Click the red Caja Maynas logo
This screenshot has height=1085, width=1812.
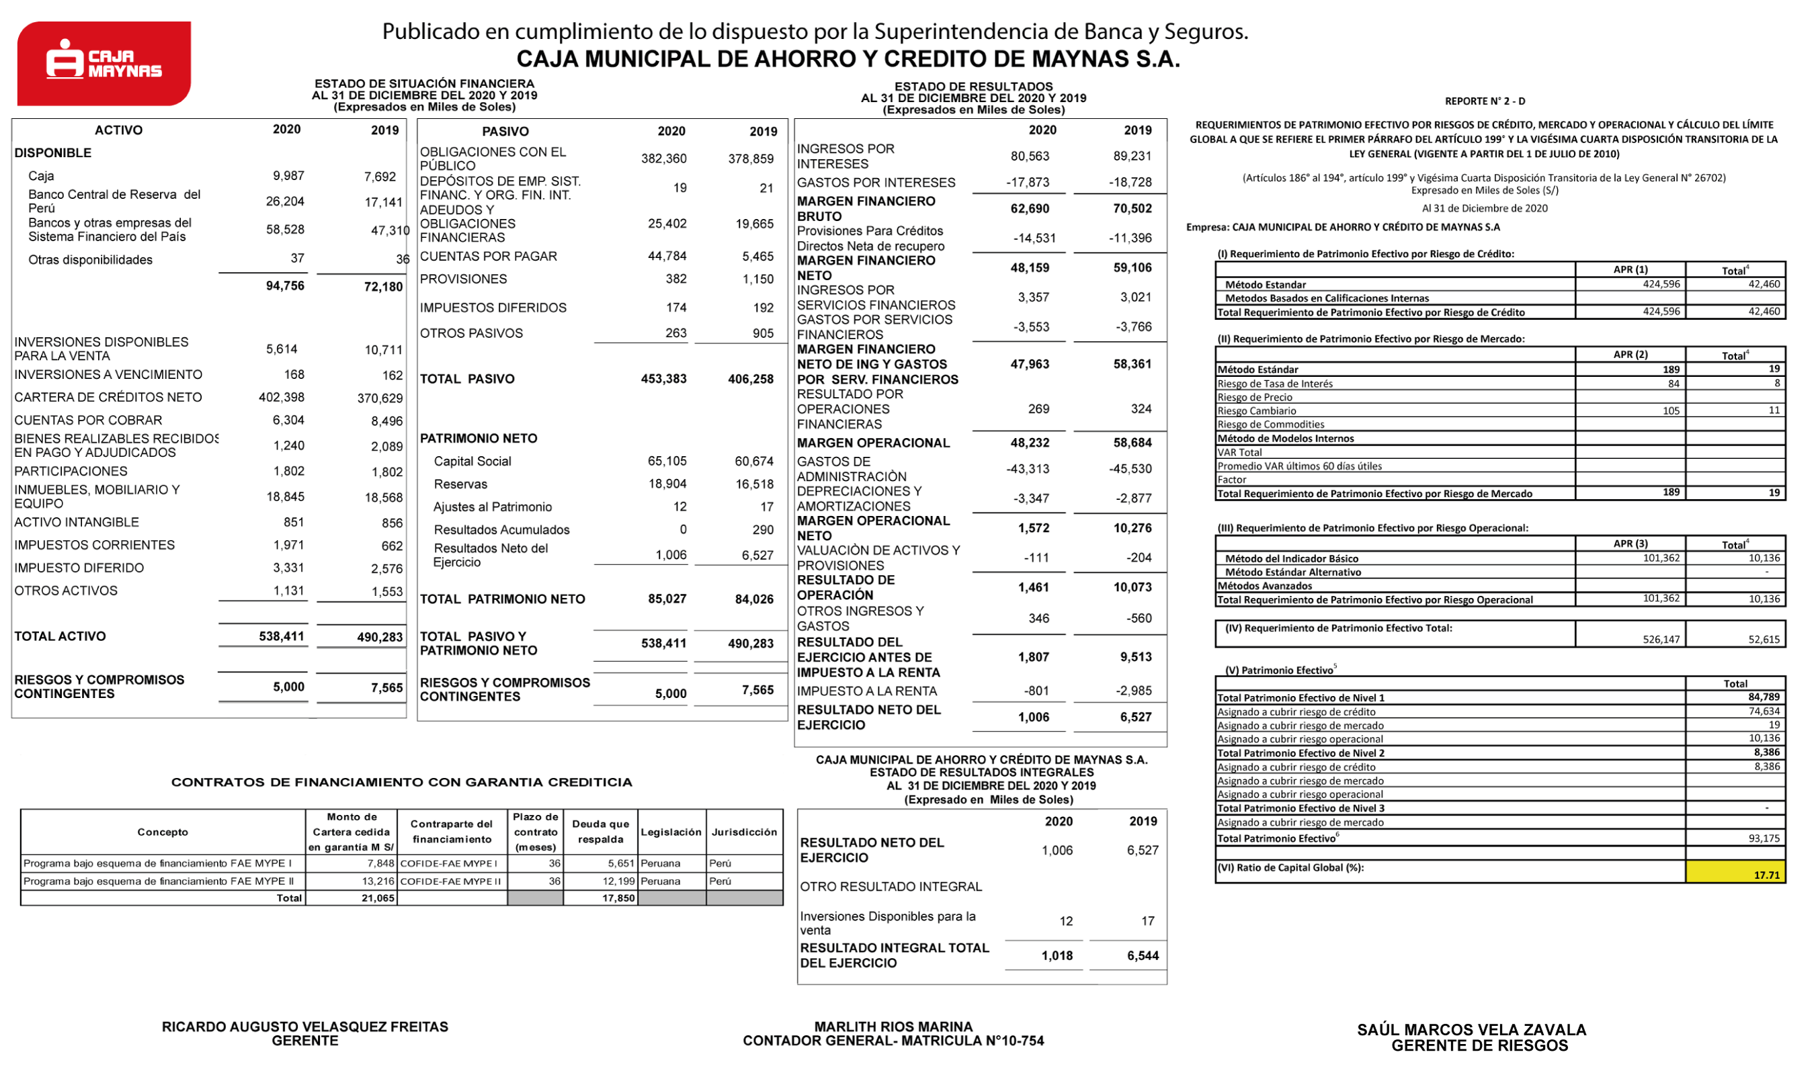coord(104,63)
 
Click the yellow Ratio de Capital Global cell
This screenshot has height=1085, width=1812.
coord(1735,871)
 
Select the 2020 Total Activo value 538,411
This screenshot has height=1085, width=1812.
coord(282,636)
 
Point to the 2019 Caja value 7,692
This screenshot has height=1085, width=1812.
coord(380,176)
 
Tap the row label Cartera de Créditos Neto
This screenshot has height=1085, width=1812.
coord(108,397)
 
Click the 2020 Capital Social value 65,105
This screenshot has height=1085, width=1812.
coord(667,462)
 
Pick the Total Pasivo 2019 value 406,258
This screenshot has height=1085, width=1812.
coord(750,379)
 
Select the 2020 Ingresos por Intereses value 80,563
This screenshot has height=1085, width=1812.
coord(1030,156)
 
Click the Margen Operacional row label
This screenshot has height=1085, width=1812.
coord(873,443)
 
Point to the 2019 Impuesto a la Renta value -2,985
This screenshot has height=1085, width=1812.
coord(1131,691)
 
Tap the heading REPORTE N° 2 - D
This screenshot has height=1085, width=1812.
coord(1485,101)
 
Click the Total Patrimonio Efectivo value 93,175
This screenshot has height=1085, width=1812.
coord(1764,838)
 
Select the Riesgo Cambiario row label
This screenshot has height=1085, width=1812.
coord(1256,411)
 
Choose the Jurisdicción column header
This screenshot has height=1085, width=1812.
coord(743,832)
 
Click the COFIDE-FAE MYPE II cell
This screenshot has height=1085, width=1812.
coord(450,881)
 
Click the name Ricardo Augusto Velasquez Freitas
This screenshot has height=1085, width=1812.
coord(305,1027)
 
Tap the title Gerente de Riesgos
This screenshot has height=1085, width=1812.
coord(1479,1045)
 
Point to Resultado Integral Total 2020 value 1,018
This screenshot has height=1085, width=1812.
coord(1057,955)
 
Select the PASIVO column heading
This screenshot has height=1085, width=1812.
coord(505,132)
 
